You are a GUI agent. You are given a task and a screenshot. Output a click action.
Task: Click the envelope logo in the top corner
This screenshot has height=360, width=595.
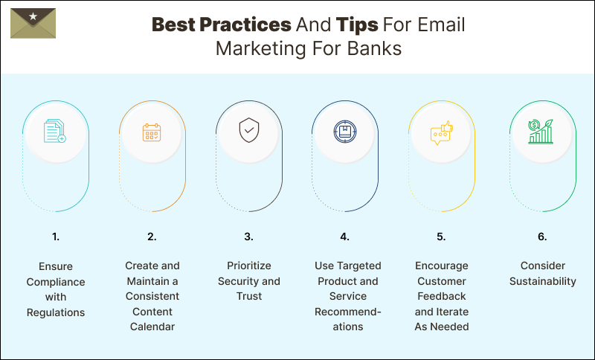[x=33, y=23]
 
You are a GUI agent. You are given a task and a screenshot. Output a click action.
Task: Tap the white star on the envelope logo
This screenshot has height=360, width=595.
[x=33, y=16]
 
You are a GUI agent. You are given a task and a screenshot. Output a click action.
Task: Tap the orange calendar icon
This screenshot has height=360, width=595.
[x=152, y=132]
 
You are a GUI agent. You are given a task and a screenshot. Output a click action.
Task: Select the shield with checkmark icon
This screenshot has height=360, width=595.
[x=248, y=132]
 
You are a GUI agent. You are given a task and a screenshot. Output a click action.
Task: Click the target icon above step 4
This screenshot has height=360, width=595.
[x=344, y=132]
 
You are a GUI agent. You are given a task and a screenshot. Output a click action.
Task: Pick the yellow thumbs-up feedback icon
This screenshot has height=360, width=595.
[x=441, y=132]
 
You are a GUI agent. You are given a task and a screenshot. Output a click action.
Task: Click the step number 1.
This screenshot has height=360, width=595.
[x=56, y=237]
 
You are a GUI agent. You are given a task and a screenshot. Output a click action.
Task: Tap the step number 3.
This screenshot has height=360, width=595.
[x=248, y=237]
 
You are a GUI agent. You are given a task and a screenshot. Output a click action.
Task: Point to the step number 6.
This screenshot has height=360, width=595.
[x=542, y=237]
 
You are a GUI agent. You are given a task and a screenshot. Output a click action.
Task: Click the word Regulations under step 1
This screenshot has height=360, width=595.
[x=56, y=312]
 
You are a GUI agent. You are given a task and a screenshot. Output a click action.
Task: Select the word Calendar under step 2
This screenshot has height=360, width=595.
[x=152, y=327]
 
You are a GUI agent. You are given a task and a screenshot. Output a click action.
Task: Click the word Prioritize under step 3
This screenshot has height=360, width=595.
[x=248, y=266]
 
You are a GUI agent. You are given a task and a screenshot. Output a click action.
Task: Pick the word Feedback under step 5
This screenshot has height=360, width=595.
[x=441, y=297]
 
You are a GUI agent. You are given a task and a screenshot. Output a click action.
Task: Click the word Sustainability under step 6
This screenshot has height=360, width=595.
[x=542, y=281]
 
